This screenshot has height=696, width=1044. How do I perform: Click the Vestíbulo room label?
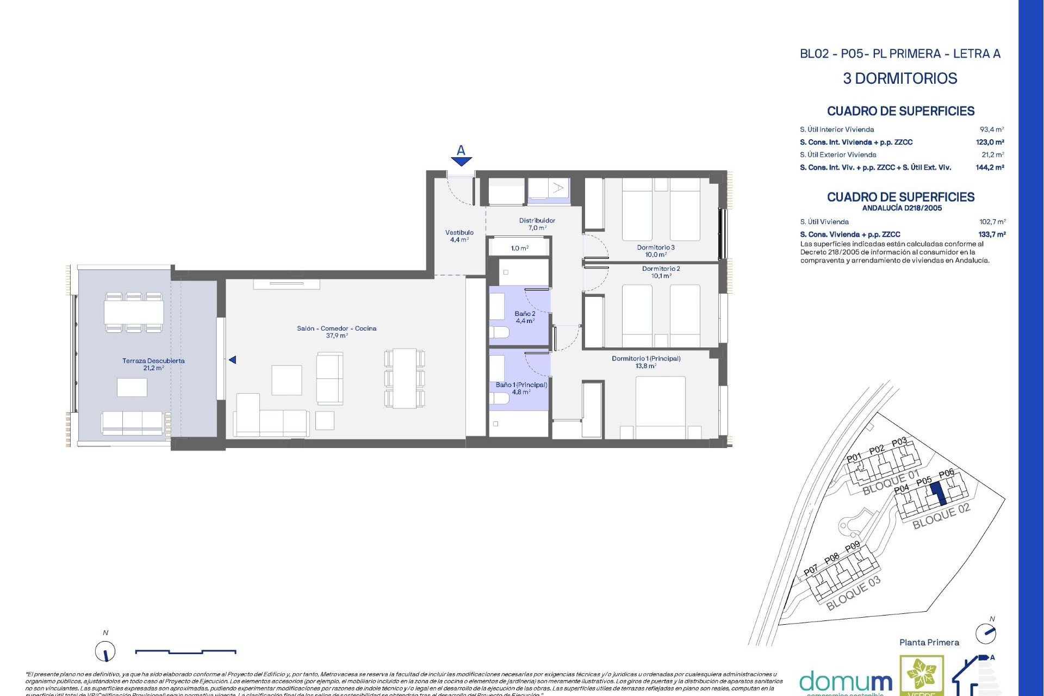459,236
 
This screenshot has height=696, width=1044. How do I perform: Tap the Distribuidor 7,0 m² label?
537,224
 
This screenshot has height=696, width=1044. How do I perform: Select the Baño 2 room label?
525,317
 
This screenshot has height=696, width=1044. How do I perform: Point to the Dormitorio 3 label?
656,251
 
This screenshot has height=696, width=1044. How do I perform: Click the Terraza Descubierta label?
153,364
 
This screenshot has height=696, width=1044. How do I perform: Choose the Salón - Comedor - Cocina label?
337,332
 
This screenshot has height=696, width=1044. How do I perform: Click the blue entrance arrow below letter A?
461,161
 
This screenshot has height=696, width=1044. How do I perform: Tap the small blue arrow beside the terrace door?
232,360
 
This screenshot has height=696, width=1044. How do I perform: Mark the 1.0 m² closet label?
519,248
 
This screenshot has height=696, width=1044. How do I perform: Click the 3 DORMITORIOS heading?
900,78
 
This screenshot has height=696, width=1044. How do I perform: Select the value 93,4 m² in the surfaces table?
991,129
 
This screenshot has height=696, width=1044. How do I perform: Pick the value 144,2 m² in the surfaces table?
990,167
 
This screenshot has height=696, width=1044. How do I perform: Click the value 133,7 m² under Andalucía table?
992,234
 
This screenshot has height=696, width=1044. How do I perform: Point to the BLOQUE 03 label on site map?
853,594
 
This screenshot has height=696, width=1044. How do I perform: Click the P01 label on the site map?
854,457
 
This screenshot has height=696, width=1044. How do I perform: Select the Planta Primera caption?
929,642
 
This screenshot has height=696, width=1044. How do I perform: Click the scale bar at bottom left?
185,651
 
